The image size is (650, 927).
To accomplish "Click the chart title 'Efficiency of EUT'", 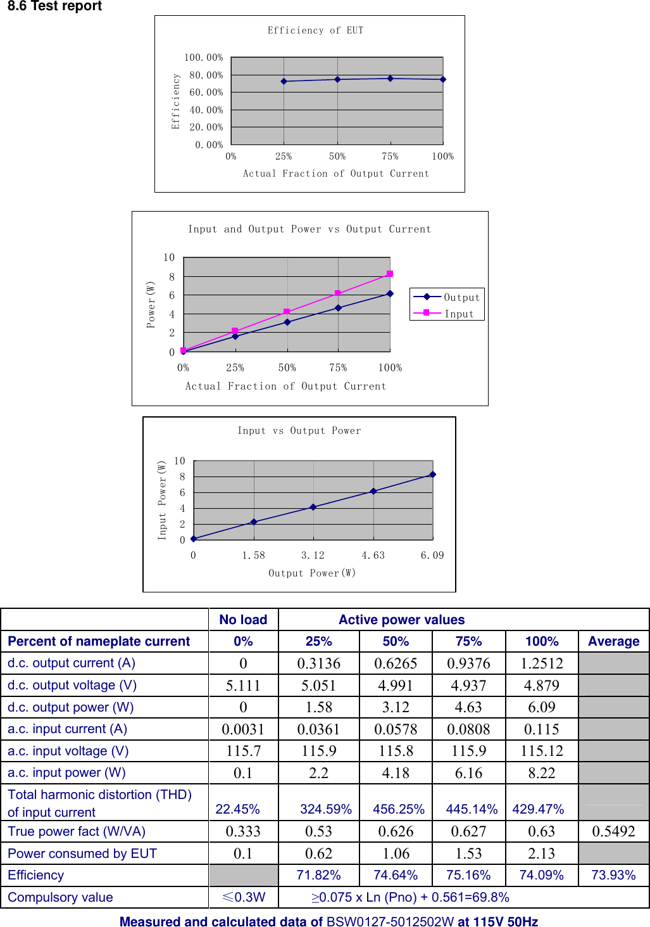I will tap(315, 30).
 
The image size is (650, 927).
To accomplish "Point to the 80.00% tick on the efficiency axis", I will tap(206, 75).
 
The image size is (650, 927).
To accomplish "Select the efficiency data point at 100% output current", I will tap(443, 79).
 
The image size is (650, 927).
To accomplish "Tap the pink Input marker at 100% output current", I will tap(390, 274).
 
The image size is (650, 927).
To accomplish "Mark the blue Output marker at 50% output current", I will tap(287, 322).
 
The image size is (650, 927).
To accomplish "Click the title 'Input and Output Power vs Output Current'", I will tap(309, 229).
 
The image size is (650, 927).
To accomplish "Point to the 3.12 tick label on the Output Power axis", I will tap(313, 555).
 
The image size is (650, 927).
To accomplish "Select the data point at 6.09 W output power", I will tap(433, 474).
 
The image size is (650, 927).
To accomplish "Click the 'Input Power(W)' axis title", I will tap(162, 501).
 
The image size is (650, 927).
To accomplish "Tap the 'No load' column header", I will tap(243, 620).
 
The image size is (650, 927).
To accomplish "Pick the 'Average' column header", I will tap(613, 641).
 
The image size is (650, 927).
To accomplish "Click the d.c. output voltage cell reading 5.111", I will tap(243, 685).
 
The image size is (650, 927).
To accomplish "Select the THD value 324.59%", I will tap(326, 809).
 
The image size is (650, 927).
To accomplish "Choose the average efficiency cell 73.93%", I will tap(613, 875).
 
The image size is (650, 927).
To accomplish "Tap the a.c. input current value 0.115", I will tap(542, 729).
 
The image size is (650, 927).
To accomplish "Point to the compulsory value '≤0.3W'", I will tap(243, 897).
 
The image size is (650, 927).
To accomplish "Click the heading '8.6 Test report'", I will tap(54, 6).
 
